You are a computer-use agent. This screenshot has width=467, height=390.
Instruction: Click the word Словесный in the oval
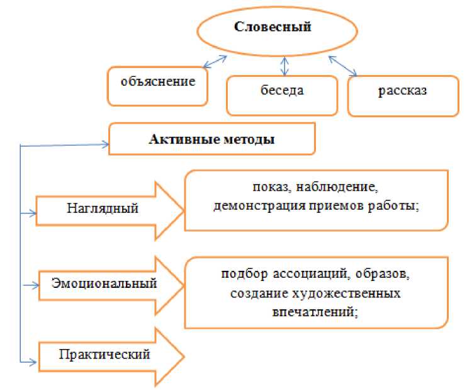coord(273,27)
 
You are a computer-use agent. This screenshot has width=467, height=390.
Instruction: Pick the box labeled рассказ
coord(402,90)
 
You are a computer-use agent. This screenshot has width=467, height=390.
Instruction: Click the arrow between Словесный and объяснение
coord(215,60)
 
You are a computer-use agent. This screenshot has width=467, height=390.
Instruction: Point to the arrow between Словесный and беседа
coord(285,65)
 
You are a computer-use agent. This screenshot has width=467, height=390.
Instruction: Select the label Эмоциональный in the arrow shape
coord(104,283)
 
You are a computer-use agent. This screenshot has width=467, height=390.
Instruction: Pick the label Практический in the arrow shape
coord(104,354)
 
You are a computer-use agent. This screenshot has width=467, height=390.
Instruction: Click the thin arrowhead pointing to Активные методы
coord(105,145)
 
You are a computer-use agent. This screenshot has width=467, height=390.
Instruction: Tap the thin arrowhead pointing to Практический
coord(33,361)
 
